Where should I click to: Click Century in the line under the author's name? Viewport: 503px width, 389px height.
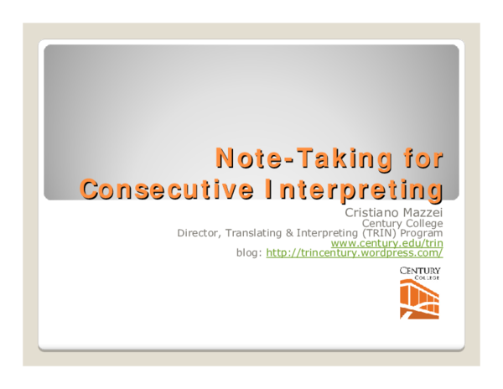[381, 223]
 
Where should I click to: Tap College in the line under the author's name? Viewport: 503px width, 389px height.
[423, 223]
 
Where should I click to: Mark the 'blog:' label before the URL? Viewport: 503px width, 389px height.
[249, 252]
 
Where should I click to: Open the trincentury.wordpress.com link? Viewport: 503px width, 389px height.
[354, 252]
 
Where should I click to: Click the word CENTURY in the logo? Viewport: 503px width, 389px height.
[420, 270]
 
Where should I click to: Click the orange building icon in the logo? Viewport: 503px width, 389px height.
[419, 301]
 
